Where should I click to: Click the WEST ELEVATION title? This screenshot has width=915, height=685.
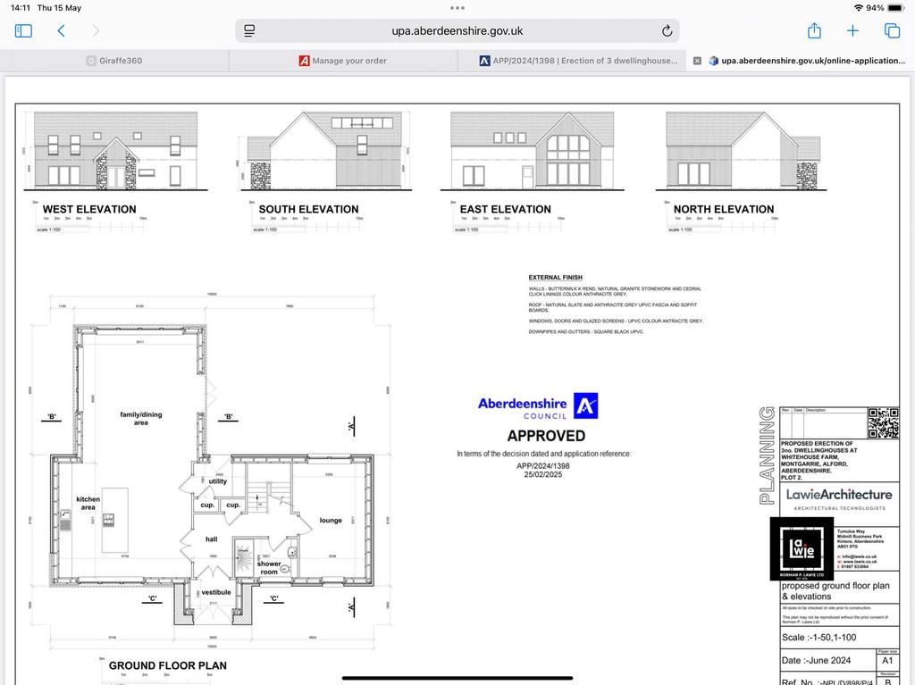point(89,209)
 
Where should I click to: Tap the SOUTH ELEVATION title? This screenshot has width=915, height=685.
point(308,209)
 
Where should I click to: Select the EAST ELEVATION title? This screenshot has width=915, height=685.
point(506,209)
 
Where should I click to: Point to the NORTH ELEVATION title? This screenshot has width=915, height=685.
point(724,209)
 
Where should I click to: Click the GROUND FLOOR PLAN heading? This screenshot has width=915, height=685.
point(168,665)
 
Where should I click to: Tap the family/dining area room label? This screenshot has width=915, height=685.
point(140,418)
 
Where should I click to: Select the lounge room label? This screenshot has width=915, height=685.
point(331,520)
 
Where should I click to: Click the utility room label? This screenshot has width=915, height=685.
point(218,481)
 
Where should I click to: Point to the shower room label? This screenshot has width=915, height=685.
point(269,568)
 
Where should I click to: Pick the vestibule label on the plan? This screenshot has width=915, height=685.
point(215,592)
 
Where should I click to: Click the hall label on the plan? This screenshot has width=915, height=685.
point(211,539)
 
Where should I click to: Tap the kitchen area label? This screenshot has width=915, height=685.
point(88,503)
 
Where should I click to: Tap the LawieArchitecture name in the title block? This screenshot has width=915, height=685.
point(838,494)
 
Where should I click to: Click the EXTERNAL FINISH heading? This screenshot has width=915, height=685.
point(554,278)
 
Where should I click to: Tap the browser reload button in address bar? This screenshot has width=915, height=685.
point(667,31)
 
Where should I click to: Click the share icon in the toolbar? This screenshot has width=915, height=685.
point(814,31)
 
